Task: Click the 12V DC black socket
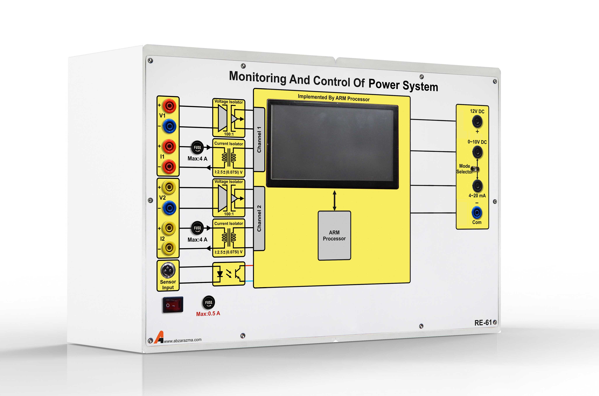pyautogui.click(x=477, y=122)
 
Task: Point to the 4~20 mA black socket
pyautogui.click(x=477, y=186)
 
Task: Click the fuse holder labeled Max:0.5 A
pyautogui.click(x=209, y=302)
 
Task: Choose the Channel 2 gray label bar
pyautogui.click(x=259, y=218)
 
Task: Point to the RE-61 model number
pyautogui.click(x=483, y=323)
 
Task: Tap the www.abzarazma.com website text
pyautogui.click(x=183, y=340)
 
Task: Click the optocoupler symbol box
pyautogui.click(x=229, y=274)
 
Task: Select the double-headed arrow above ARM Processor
pyautogui.click(x=334, y=201)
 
